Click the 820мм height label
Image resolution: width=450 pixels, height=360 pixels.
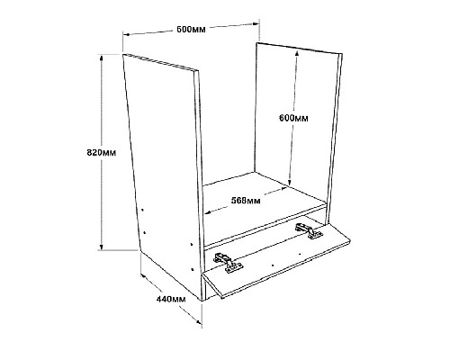pos(101,152)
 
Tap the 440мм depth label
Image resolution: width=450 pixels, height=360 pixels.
pos(171,299)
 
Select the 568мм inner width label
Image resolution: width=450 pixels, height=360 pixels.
pos(246,200)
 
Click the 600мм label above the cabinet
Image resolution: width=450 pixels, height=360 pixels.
pos(191,30)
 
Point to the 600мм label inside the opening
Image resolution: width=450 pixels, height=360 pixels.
pos(293,118)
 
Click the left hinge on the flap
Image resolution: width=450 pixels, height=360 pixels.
pos(228,263)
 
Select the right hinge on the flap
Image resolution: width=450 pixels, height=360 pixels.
pos(309,230)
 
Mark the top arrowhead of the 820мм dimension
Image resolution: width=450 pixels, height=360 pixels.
pos(102,58)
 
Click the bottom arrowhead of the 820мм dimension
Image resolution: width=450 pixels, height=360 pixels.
pos(102,247)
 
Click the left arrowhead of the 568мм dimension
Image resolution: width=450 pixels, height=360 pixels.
pos(208,213)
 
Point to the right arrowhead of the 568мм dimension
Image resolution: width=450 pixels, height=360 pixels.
pos(283,189)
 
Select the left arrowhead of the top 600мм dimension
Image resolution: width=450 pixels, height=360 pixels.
pos(126,35)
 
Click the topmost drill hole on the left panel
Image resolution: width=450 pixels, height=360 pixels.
pos(143,210)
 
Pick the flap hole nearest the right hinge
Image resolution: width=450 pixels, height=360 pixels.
pos(300,255)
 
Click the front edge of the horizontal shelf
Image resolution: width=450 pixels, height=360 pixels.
pos(265,226)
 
